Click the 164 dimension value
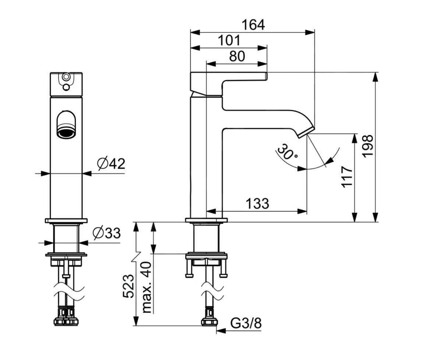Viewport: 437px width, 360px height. [253, 25]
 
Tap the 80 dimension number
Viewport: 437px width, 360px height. [237, 56]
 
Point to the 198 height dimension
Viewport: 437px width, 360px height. [367, 146]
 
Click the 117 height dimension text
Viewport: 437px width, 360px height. [347, 177]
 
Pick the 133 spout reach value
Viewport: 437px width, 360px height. [257, 203]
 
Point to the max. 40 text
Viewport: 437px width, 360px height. [146, 287]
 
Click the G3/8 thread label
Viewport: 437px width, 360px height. [246, 324]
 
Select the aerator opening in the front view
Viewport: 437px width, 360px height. [66, 132]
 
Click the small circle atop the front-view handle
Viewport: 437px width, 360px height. [66, 77]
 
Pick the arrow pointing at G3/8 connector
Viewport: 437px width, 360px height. [221, 331]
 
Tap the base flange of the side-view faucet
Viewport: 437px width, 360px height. [206, 220]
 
